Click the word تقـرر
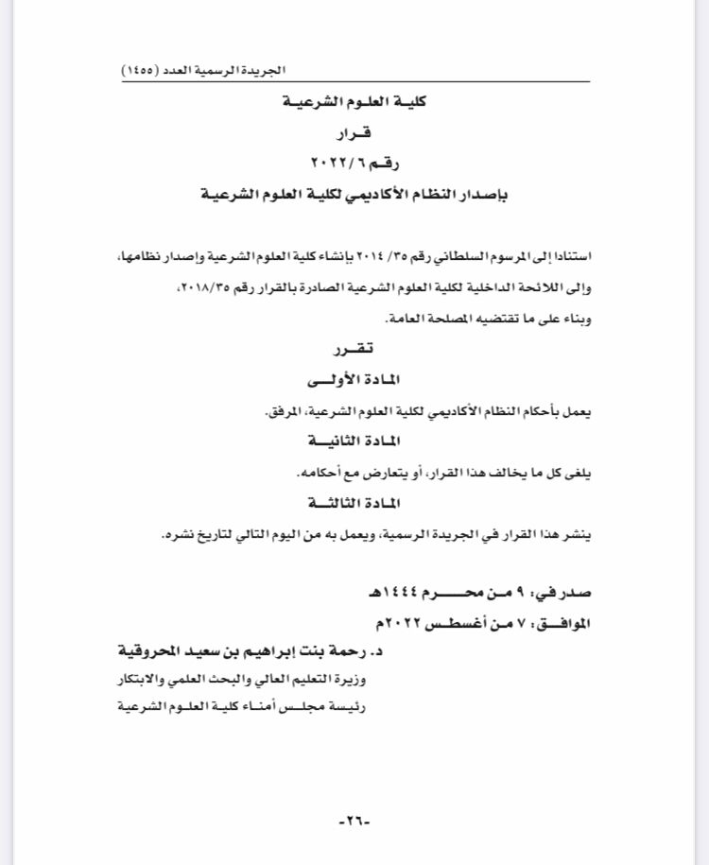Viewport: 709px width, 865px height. (x=354, y=352)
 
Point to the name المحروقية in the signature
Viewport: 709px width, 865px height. (x=151, y=652)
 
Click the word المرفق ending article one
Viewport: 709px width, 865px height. (x=281, y=413)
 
